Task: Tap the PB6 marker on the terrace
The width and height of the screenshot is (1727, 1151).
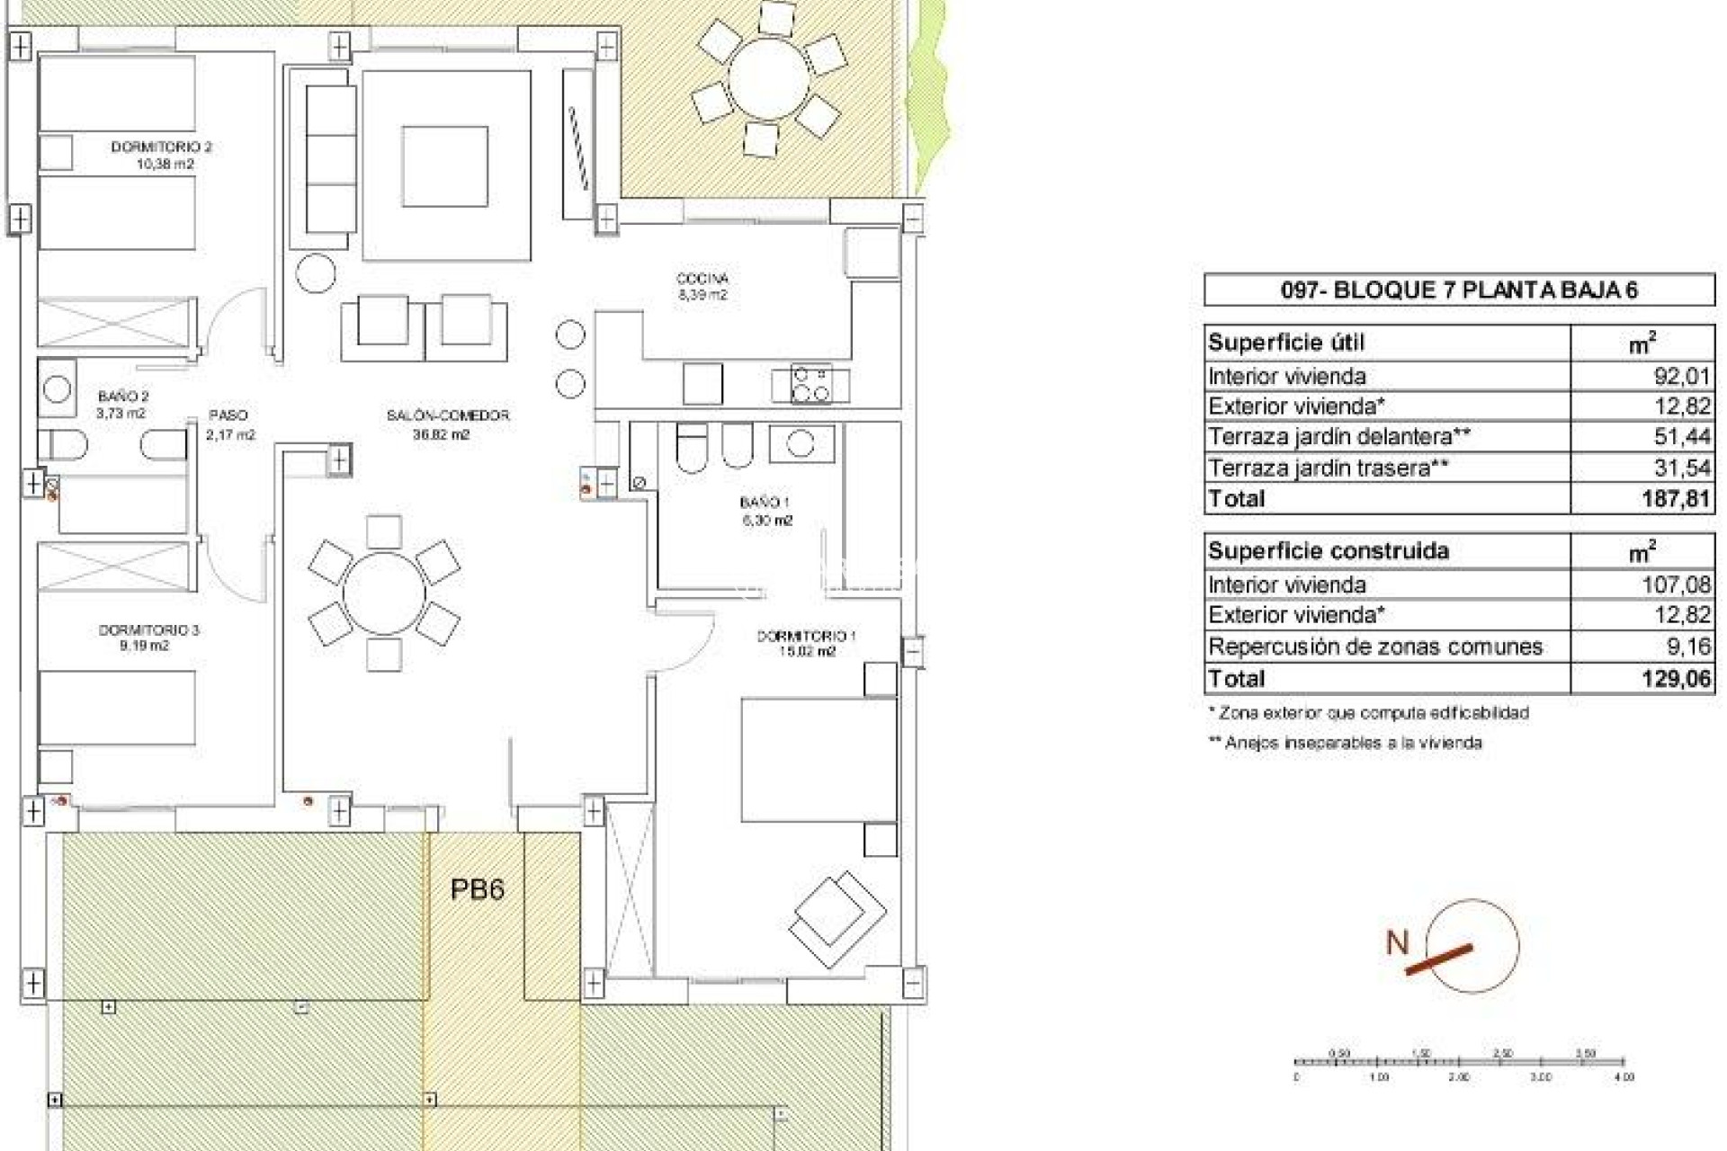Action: (x=477, y=889)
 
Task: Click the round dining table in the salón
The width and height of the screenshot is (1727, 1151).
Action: (x=384, y=593)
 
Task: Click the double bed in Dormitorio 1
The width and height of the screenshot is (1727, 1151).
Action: (x=819, y=760)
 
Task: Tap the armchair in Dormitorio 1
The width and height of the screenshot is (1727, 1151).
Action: (x=837, y=919)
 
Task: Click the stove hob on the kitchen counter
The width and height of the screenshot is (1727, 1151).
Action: (x=811, y=384)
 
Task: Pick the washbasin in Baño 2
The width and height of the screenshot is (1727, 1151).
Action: (x=57, y=389)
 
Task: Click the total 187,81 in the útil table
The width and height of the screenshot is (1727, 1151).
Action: (x=1674, y=499)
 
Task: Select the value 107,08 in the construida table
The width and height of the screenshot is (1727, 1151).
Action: (x=1674, y=585)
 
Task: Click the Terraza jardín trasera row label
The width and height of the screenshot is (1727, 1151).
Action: (x=1328, y=468)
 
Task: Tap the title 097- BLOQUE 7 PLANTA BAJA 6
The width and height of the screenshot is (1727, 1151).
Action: (x=1459, y=290)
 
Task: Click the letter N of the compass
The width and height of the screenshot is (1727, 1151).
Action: (x=1397, y=943)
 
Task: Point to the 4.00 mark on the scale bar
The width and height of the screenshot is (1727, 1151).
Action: (x=1624, y=1076)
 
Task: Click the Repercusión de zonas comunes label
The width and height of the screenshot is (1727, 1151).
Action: (x=1375, y=647)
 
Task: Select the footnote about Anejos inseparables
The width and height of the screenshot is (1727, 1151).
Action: (x=1345, y=743)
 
